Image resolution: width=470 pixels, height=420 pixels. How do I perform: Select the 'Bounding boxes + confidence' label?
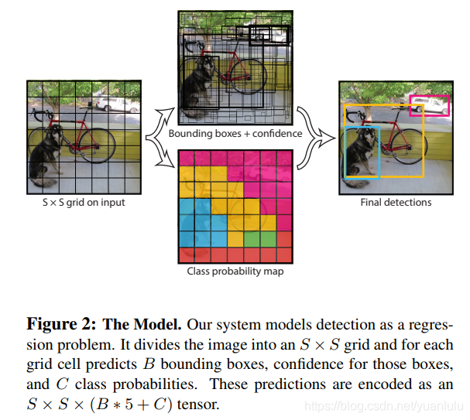235,133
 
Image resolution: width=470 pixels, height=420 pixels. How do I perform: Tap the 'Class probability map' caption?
235,271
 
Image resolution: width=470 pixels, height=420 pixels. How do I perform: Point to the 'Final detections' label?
396,203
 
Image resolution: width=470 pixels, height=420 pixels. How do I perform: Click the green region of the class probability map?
252,237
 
